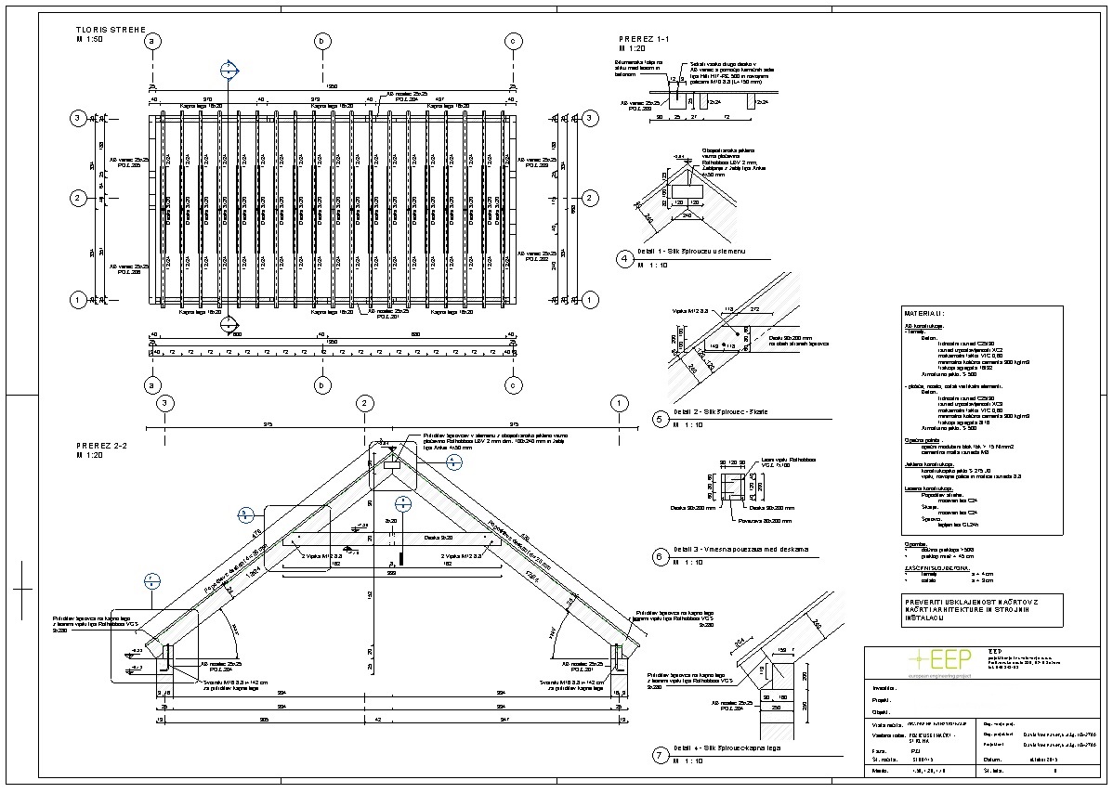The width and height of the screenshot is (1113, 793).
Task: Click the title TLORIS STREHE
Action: point(111,30)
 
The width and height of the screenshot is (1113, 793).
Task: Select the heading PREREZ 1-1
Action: point(643,37)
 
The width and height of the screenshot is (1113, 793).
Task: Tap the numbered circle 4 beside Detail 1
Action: point(626,258)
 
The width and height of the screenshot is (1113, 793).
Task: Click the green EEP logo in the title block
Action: point(937,660)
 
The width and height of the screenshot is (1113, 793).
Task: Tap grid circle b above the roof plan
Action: point(322,41)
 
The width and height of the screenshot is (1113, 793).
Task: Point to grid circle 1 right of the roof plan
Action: point(588,300)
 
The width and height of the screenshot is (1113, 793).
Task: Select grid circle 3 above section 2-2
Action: point(164,403)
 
